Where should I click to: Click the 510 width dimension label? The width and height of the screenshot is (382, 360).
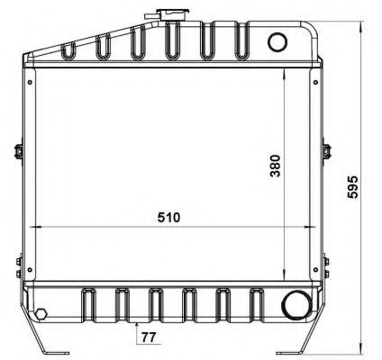coord(168,218)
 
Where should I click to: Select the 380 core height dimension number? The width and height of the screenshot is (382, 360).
coord(275,166)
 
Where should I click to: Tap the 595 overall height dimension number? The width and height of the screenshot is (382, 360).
coord(352,187)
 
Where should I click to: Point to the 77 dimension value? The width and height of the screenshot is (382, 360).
coord(149,337)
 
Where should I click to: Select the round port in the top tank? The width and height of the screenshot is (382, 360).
coord(277,42)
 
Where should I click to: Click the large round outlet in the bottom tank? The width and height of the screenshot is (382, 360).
coord(296,305)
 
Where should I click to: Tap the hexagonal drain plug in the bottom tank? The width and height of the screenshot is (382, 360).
coord(41,314)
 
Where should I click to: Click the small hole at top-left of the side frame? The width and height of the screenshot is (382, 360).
coord(30,82)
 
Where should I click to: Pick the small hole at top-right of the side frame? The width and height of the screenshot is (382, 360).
coord(315,82)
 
